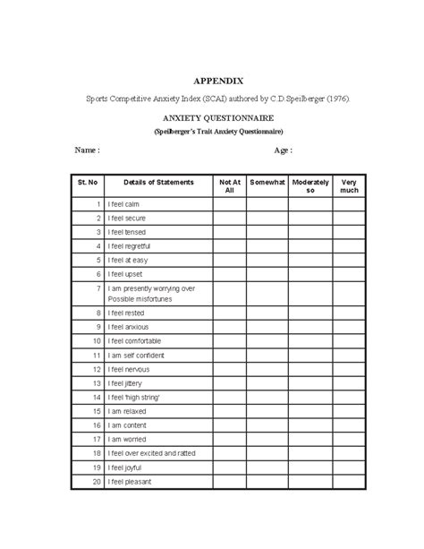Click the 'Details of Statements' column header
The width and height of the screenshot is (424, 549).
point(158,182)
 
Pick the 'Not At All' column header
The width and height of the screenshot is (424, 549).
point(229,186)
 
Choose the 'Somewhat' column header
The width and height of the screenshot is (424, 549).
point(267,182)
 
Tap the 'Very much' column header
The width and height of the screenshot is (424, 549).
point(349,186)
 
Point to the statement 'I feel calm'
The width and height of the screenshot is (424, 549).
point(125,205)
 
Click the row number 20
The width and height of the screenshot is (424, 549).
point(96,482)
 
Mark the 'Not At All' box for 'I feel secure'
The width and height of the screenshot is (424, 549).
point(229,218)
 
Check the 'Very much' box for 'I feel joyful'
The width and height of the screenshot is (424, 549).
point(349,468)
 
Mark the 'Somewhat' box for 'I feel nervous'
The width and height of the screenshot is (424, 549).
point(267,368)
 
